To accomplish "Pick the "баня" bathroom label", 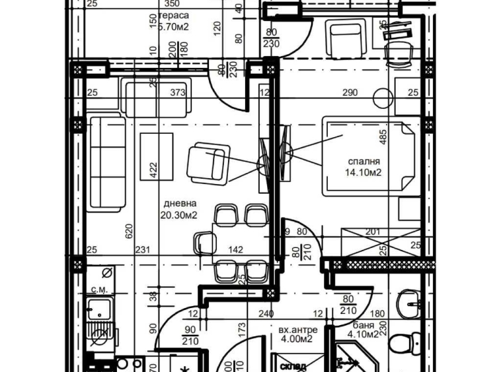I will coord(363,326).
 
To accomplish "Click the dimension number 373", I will coord(178,93).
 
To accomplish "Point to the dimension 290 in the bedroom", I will coord(350,93).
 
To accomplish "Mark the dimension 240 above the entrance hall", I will coord(266,315).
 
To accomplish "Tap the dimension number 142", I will coord(236,249).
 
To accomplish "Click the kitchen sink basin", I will coord(100,309).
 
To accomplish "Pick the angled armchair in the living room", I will coord(206,164).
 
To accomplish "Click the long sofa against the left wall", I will coord(106,162).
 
